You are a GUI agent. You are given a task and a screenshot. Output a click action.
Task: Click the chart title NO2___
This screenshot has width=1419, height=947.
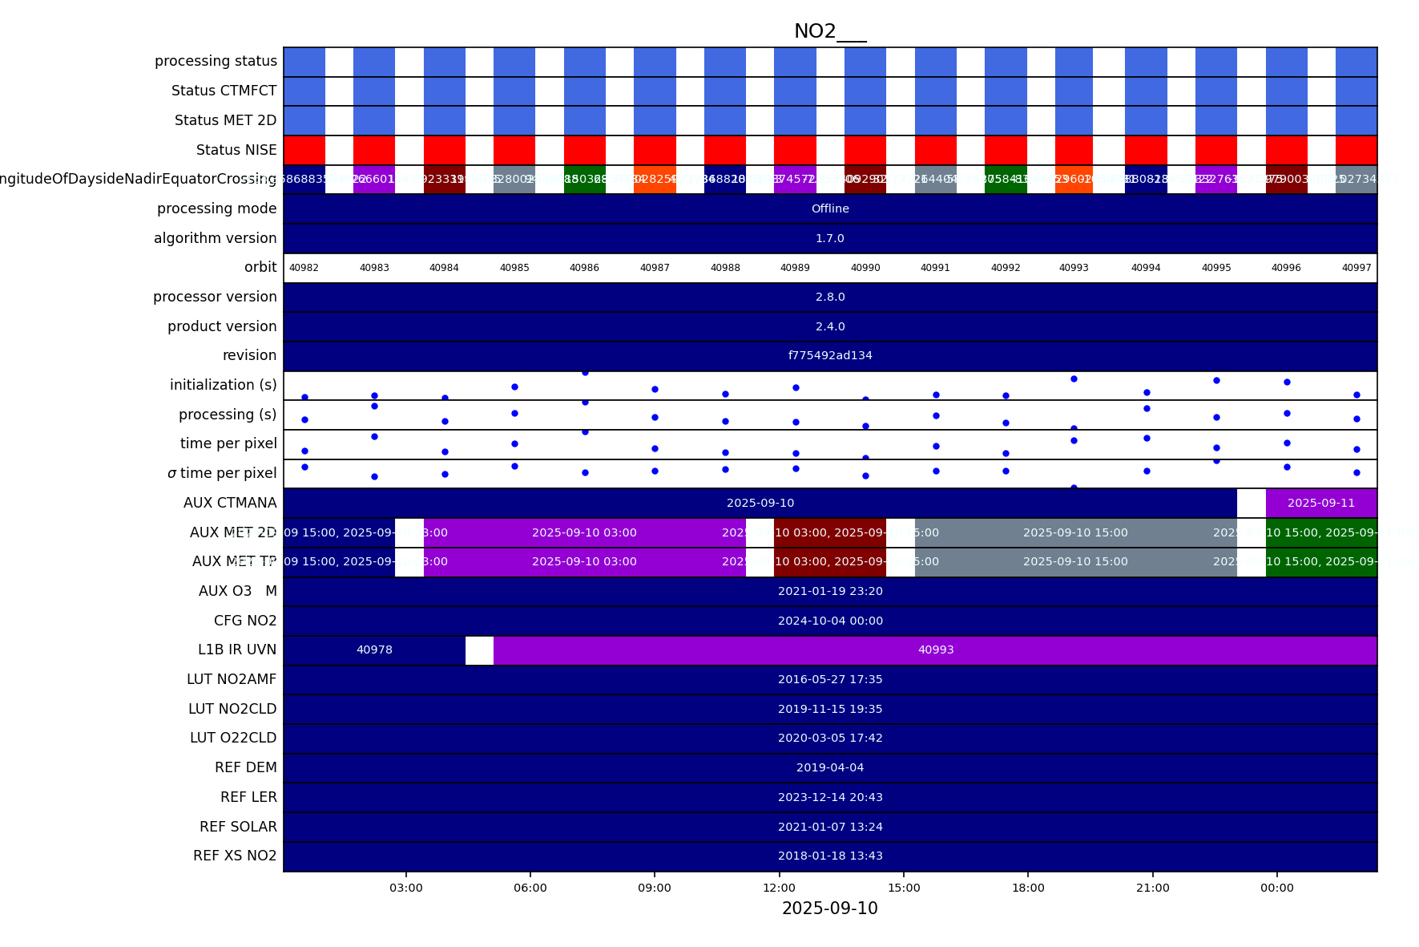829,31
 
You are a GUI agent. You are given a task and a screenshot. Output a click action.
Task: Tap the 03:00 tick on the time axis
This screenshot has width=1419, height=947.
405,888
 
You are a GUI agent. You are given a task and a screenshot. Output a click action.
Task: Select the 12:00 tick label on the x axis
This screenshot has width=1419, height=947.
779,888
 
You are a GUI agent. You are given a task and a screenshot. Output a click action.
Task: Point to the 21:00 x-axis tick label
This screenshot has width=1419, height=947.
1152,888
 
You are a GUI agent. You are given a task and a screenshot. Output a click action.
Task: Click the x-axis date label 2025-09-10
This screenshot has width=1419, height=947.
829,909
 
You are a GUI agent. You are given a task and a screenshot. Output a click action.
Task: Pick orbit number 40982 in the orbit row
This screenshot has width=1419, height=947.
304,268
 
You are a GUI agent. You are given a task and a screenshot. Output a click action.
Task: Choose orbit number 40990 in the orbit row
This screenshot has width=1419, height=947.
865,268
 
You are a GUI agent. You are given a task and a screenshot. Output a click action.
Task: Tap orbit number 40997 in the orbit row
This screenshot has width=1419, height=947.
1357,268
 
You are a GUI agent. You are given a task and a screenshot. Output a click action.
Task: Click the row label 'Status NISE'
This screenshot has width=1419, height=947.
236,150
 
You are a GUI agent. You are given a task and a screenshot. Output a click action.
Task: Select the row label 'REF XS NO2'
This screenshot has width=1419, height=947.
235,856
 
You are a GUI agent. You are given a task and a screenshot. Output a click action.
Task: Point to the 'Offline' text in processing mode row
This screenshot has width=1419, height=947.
830,208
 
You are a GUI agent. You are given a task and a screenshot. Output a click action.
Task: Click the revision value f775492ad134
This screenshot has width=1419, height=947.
830,355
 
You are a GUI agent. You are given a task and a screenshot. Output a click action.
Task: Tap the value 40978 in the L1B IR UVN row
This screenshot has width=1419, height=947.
374,650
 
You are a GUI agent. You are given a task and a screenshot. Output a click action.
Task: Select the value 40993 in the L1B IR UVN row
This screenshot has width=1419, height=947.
935,650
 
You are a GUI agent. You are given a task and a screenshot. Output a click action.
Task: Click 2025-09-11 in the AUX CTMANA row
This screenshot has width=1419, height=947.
1320,503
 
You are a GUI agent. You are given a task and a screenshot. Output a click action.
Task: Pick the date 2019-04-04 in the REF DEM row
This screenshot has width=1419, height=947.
830,767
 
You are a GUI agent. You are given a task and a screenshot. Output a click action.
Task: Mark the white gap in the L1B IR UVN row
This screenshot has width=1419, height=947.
479,650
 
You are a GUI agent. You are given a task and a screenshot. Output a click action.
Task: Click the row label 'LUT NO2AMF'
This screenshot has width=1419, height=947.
232,679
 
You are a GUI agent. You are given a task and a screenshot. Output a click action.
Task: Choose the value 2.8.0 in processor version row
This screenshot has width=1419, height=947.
830,297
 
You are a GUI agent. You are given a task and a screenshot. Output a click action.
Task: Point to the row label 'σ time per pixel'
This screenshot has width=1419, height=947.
222,473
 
